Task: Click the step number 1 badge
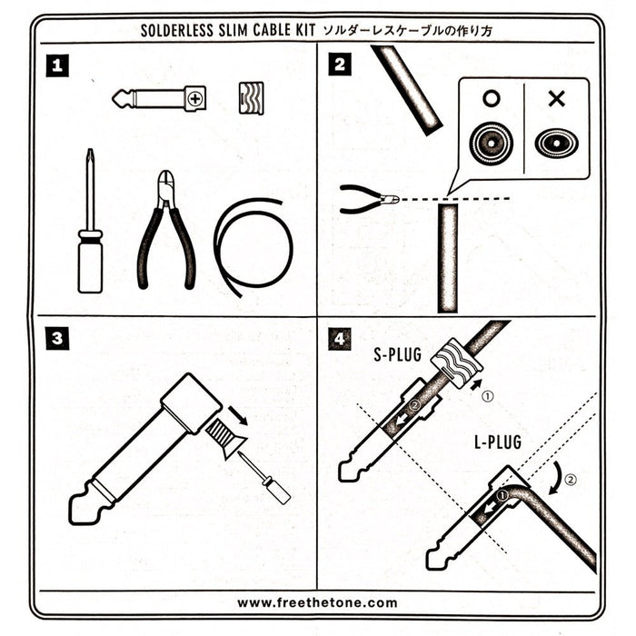click(x=57, y=65)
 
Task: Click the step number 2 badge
click(x=340, y=65)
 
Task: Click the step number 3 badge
click(x=57, y=340)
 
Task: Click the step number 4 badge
click(x=340, y=340)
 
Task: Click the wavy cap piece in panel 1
click(x=253, y=96)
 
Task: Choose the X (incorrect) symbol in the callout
click(x=556, y=98)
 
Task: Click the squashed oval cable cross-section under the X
click(x=556, y=143)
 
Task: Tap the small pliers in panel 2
click(x=367, y=198)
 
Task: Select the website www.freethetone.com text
click(x=317, y=602)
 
